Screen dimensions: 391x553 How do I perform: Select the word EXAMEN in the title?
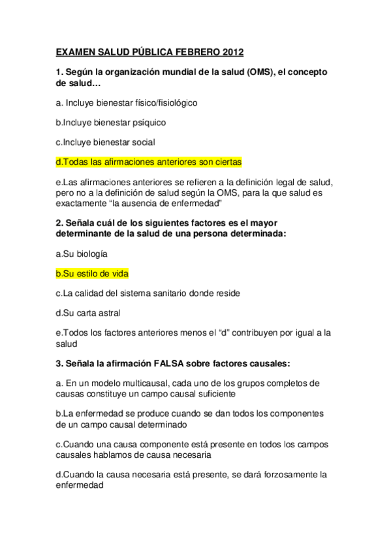click(76, 52)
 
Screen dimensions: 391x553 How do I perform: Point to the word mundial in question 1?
click(161, 72)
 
